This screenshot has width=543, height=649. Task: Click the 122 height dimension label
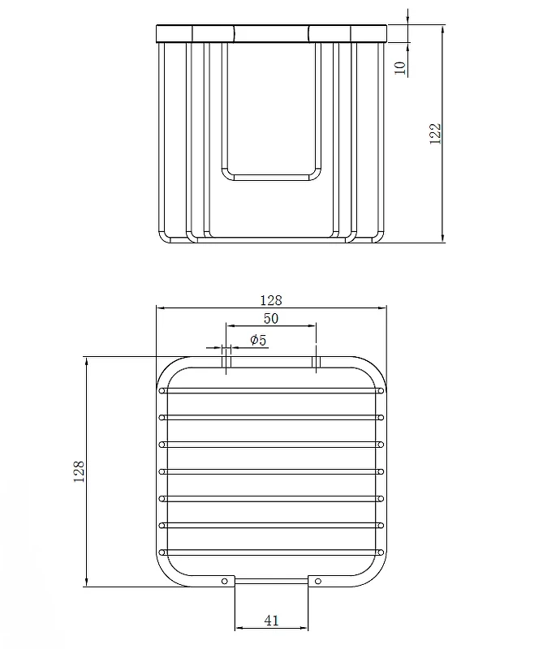tap(435, 133)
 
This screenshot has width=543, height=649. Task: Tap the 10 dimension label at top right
tap(400, 67)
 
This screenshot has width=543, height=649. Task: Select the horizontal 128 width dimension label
tap(271, 300)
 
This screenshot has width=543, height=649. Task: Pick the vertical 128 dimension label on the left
tap(79, 471)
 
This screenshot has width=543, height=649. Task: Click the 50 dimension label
tap(271, 318)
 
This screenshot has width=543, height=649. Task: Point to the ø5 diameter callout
tap(258, 340)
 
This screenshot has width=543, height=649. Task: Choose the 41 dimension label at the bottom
tap(271, 621)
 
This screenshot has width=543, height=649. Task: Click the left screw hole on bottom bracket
tap(225, 581)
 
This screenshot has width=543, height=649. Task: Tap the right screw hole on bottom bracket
tap(318, 581)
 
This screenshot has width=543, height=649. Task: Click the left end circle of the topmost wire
tap(162, 390)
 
